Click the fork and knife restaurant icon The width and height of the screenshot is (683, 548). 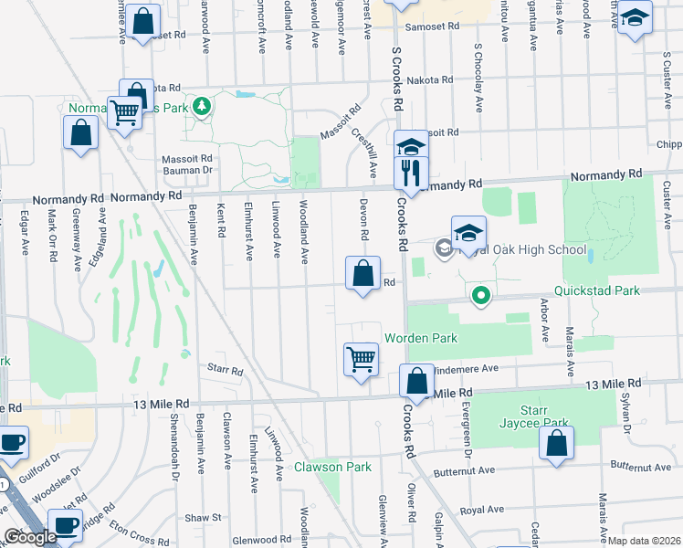pyautogui.click(x=410, y=173)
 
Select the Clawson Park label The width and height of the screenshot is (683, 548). pyautogui.click(x=332, y=467)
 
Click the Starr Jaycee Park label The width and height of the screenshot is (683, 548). pyautogui.click(x=534, y=416)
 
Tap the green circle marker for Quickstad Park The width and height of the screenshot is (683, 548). pyautogui.click(x=480, y=296)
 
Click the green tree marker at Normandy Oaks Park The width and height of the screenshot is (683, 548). pyautogui.click(x=202, y=105)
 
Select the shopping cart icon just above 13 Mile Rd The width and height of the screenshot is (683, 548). pyautogui.click(x=361, y=358)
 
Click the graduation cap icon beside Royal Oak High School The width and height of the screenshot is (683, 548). pyautogui.click(x=468, y=234)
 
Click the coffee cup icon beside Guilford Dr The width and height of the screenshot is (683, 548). pyautogui.click(x=12, y=442)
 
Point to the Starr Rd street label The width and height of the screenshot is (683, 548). pyautogui.click(x=226, y=371)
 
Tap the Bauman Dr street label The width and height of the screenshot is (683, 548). pyautogui.click(x=186, y=170)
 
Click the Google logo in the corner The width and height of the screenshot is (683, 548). pyautogui.click(x=30, y=537)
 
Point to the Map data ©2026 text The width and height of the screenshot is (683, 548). pyautogui.click(x=645, y=541)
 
